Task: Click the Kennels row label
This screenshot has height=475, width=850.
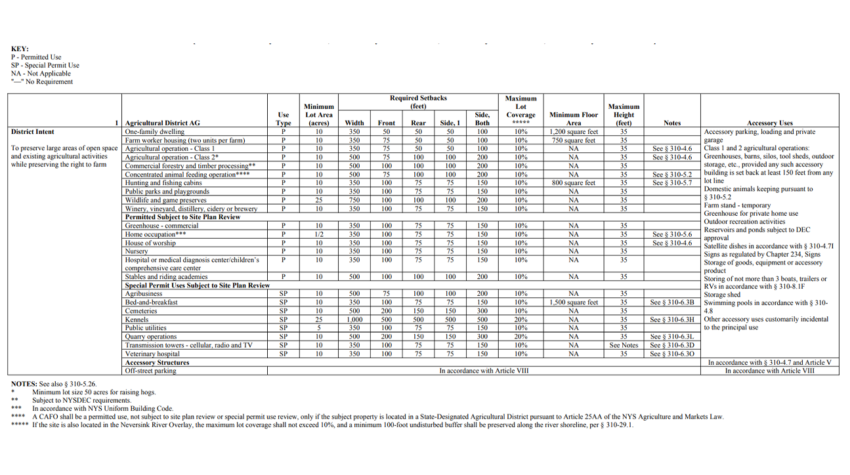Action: point(137,320)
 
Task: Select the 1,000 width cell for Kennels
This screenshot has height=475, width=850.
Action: point(354,320)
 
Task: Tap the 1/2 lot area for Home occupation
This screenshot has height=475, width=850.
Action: point(318,234)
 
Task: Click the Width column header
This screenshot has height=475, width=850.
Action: point(354,123)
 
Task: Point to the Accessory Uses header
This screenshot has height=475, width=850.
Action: point(769,123)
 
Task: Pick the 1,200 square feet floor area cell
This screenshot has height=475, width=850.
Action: point(574,132)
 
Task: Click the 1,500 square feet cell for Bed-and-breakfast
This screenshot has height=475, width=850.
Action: point(574,302)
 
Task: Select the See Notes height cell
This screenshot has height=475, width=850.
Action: point(623,345)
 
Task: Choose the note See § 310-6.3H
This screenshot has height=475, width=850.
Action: point(671,320)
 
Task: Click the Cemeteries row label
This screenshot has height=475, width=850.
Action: point(142,311)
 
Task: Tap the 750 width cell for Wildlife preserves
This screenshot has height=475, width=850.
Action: point(354,200)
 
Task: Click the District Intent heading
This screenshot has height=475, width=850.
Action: point(32,132)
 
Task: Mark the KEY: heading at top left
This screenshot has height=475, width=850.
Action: point(20,49)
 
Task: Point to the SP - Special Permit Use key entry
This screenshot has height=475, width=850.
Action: point(45,66)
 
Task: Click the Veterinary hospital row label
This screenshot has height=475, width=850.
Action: point(152,354)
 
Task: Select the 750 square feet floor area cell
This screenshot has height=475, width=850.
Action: point(574,140)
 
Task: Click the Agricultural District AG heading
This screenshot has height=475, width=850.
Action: point(162,123)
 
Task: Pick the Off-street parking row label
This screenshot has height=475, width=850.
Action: point(150,371)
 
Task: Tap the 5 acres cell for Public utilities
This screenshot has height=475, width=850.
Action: point(318,328)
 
